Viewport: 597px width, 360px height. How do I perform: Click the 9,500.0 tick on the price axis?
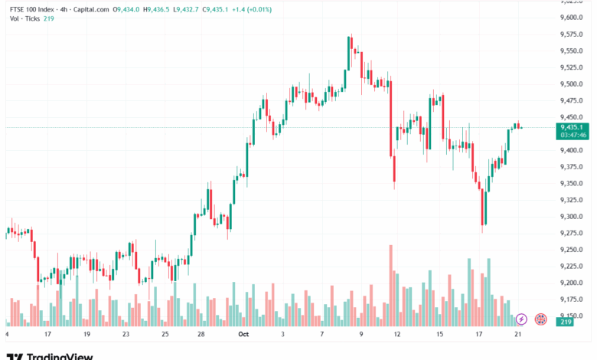pos(573,84)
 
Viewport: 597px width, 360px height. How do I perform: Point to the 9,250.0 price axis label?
pos(573,250)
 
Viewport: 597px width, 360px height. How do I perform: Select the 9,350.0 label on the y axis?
pos(573,184)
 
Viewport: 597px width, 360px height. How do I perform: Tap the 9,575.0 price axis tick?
pos(573,34)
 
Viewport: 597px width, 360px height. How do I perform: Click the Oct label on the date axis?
pos(244,335)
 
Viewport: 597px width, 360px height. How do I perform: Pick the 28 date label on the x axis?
pos(201,335)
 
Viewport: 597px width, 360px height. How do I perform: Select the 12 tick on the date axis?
pos(397,335)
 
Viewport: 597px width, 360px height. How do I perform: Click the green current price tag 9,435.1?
pos(573,127)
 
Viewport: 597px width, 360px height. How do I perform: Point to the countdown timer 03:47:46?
pos(573,135)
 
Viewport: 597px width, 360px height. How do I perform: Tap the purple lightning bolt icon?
pos(522,319)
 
